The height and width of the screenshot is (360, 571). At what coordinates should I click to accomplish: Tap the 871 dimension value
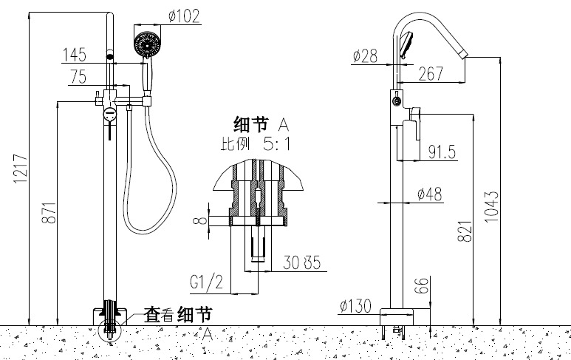pos(49,214)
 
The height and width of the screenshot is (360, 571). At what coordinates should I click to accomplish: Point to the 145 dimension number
pos(75,55)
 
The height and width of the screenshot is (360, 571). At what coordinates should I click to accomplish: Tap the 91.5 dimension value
pos(442,152)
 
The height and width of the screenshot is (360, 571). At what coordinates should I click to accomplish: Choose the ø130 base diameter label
pos(355,304)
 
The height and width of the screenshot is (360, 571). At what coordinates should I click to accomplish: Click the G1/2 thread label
pos(207,282)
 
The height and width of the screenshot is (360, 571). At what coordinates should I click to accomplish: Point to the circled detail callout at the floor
pos(109,325)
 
